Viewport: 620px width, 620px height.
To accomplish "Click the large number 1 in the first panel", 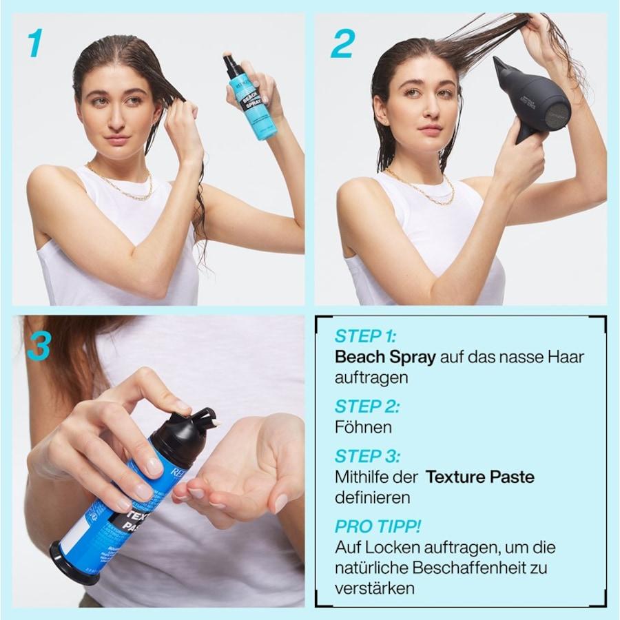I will [34, 43].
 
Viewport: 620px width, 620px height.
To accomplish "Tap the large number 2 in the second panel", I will [342, 43].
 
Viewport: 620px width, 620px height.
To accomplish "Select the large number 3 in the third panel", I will [39, 346].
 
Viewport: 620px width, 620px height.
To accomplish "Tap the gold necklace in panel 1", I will [121, 185].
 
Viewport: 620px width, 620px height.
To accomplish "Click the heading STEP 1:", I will [366, 337].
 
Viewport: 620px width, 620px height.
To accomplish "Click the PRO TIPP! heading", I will [378, 527].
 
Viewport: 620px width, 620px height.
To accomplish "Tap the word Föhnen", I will [363, 427].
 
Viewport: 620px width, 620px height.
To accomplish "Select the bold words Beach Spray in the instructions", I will [384, 358].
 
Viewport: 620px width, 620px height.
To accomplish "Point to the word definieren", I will [372, 497].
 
